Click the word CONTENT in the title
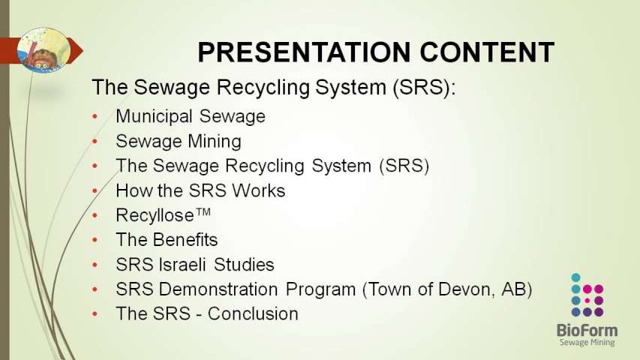click(487, 52)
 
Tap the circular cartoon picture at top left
click(44, 49)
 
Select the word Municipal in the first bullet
click(154, 117)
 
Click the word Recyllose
click(155, 215)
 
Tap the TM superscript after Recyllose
click(203, 211)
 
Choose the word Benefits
click(185, 240)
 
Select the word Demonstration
click(218, 289)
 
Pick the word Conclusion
click(253, 314)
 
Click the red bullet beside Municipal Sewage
click(95, 117)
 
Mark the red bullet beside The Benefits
click(95, 241)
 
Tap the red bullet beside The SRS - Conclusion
click(95, 314)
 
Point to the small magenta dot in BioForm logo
click(587, 301)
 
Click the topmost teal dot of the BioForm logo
click(576, 277)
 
